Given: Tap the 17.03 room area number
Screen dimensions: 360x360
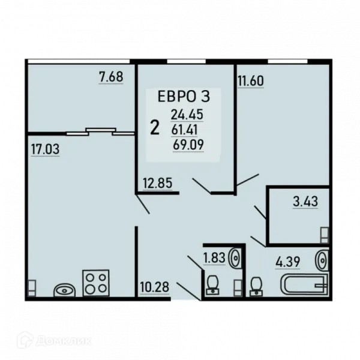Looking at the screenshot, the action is point(45,149).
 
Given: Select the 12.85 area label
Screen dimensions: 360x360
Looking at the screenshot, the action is point(157,183).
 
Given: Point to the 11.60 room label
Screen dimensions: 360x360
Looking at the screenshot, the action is point(251,81).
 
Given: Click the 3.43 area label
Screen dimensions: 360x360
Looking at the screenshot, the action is point(305,202).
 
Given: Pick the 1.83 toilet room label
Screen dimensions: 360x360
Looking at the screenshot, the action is point(214,257).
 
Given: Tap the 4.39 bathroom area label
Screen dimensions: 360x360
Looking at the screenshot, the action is point(287,262).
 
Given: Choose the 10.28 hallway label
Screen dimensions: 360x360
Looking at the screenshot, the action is point(155,287).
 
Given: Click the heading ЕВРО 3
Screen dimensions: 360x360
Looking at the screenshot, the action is point(184,96).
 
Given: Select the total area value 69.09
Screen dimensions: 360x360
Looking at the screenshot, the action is point(188,145).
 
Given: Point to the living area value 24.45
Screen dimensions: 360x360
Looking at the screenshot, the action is point(187,115).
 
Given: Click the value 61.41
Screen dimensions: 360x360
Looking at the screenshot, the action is point(184,130).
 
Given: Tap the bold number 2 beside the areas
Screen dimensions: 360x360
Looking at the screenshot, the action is point(155,128).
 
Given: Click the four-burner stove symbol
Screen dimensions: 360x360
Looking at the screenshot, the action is point(96,283).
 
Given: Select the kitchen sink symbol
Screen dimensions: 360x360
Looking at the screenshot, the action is point(65,290).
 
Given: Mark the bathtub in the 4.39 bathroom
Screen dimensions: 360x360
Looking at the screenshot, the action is point(304,284).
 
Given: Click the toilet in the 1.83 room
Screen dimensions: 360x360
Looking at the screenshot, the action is point(213,285).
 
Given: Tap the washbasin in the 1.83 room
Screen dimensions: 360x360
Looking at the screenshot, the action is point(235,258).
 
